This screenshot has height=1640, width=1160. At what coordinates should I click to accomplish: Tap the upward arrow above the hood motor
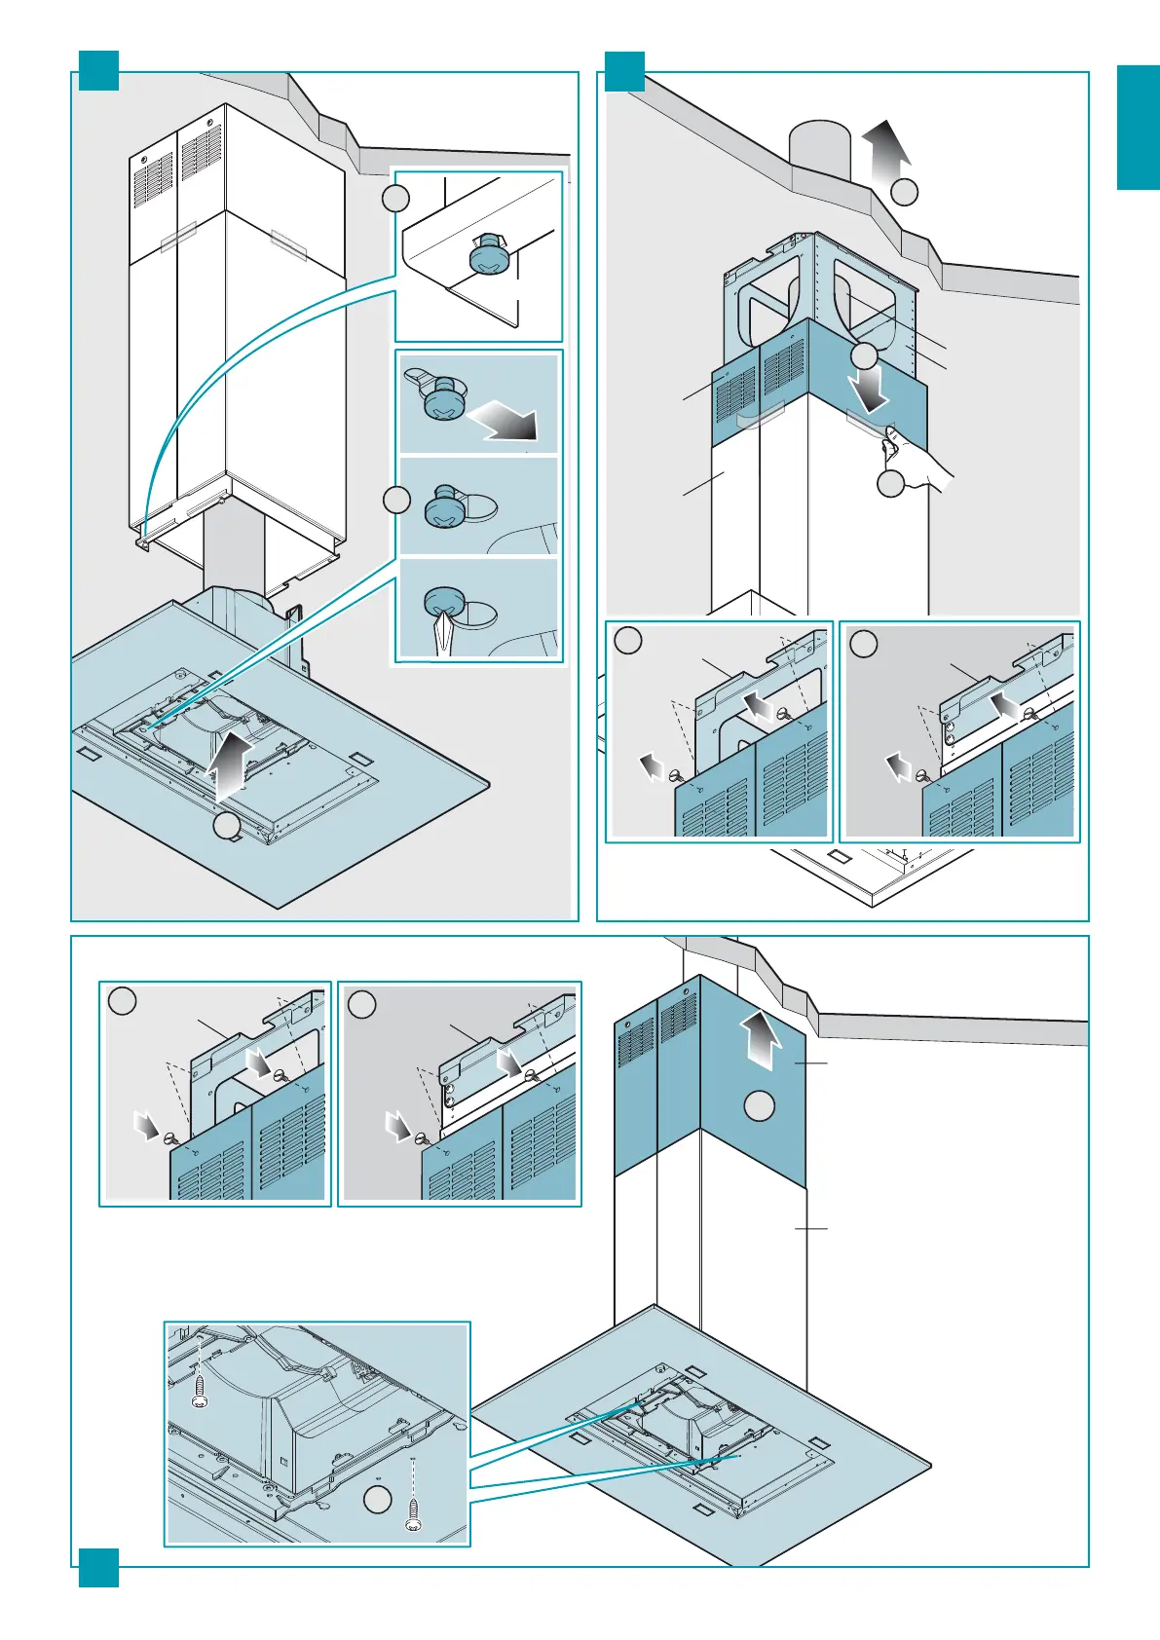(231, 765)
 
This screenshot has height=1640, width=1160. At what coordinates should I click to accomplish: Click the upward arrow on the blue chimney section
(760, 1040)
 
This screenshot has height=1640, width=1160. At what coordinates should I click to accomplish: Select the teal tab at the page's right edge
(1138, 128)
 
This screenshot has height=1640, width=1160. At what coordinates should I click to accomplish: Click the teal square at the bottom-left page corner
(98, 1568)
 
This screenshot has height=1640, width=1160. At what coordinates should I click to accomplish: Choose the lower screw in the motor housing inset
(414, 1515)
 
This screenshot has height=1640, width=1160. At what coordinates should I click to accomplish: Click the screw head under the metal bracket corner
(485, 258)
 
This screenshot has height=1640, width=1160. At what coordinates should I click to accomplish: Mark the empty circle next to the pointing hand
(891, 484)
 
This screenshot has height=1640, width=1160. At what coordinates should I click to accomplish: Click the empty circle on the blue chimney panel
(760, 1106)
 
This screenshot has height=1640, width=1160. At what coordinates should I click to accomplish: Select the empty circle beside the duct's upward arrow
(905, 192)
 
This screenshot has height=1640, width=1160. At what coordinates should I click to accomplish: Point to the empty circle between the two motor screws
(377, 1501)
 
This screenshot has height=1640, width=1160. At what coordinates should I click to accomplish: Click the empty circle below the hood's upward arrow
(227, 827)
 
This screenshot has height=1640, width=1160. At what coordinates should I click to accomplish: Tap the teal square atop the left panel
(98, 70)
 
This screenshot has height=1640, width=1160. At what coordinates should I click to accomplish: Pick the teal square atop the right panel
(624, 70)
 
